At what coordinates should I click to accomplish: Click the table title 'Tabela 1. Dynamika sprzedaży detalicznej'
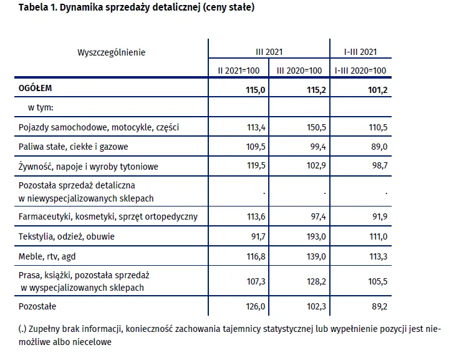(x=137, y=8)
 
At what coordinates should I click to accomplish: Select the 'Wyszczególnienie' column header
(x=111, y=52)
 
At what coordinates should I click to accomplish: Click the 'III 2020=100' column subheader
(x=299, y=71)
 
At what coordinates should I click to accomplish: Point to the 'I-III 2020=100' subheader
(x=360, y=71)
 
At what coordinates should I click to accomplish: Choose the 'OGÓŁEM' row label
(x=36, y=89)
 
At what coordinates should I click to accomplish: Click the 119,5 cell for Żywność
(x=256, y=166)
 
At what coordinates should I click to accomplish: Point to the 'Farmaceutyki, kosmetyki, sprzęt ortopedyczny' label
(x=109, y=217)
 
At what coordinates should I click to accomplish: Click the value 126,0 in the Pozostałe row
(x=256, y=307)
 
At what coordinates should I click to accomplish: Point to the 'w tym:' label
(x=41, y=108)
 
